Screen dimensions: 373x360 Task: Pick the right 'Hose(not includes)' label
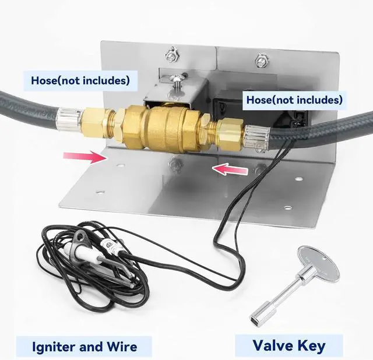[294, 100]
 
